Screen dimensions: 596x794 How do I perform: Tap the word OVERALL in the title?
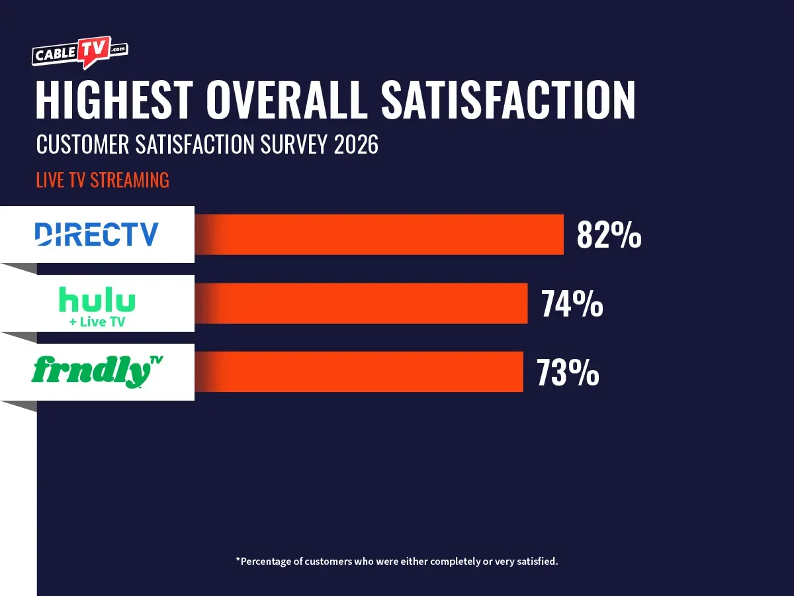tap(287, 100)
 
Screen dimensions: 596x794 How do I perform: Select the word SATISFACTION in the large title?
tap(508, 100)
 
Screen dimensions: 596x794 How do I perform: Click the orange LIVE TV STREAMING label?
tap(103, 180)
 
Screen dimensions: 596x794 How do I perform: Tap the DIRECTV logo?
tap(97, 234)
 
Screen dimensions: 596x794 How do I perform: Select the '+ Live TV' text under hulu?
tap(97, 323)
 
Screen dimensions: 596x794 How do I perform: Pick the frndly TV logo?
tap(97, 371)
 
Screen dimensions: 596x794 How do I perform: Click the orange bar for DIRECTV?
tap(384, 234)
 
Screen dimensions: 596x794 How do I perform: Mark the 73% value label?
tap(568, 372)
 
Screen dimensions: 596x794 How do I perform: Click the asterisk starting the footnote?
tap(238, 560)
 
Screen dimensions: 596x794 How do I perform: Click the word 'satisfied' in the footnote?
tap(537, 561)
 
